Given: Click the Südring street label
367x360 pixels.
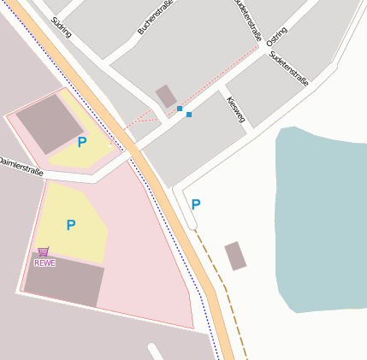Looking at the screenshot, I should point(60,27).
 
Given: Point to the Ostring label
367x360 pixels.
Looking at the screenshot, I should point(276,37).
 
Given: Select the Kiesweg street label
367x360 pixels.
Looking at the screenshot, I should point(236,109).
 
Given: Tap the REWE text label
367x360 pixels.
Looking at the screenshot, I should point(44,263).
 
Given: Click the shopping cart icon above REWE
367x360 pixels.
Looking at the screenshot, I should point(44,252).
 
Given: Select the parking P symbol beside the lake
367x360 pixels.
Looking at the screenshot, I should point(196,204).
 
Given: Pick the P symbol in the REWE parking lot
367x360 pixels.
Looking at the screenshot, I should point(71,225).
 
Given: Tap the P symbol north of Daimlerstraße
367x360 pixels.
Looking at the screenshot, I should point(82,142).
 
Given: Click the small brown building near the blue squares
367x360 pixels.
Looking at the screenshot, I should point(166,96).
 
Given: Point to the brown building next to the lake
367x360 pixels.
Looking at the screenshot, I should point(235,256).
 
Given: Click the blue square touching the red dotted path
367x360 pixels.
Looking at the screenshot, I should point(180,109).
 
